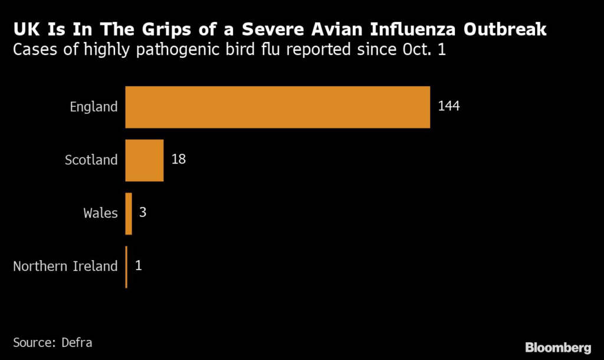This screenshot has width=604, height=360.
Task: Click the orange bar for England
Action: (277, 107)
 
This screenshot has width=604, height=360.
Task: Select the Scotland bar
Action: (144, 160)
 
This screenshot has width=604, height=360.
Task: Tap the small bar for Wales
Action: (129, 213)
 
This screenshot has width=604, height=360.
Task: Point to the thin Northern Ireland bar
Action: (126, 266)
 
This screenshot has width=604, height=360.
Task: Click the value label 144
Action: (448, 107)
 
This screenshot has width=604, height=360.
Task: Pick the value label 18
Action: (179, 160)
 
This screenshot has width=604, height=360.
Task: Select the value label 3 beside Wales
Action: (142, 213)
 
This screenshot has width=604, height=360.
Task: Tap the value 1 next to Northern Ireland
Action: (139, 266)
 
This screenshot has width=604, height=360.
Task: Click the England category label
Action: (94, 107)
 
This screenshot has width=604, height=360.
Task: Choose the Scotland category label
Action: (91, 160)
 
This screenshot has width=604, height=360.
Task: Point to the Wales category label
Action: (100, 213)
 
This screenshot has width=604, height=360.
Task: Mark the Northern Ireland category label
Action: (65, 266)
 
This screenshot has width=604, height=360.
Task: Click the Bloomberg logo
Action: (558, 347)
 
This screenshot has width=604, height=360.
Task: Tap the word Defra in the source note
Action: (77, 342)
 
